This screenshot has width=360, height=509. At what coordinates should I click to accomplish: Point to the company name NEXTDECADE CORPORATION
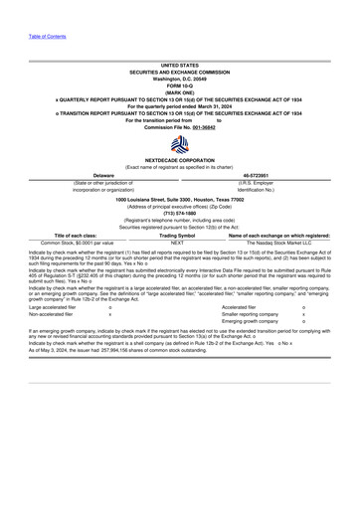[x=179, y=159]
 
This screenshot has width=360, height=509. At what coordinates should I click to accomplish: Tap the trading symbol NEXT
[x=177, y=242]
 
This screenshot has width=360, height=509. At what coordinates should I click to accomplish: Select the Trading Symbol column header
[x=177, y=235]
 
